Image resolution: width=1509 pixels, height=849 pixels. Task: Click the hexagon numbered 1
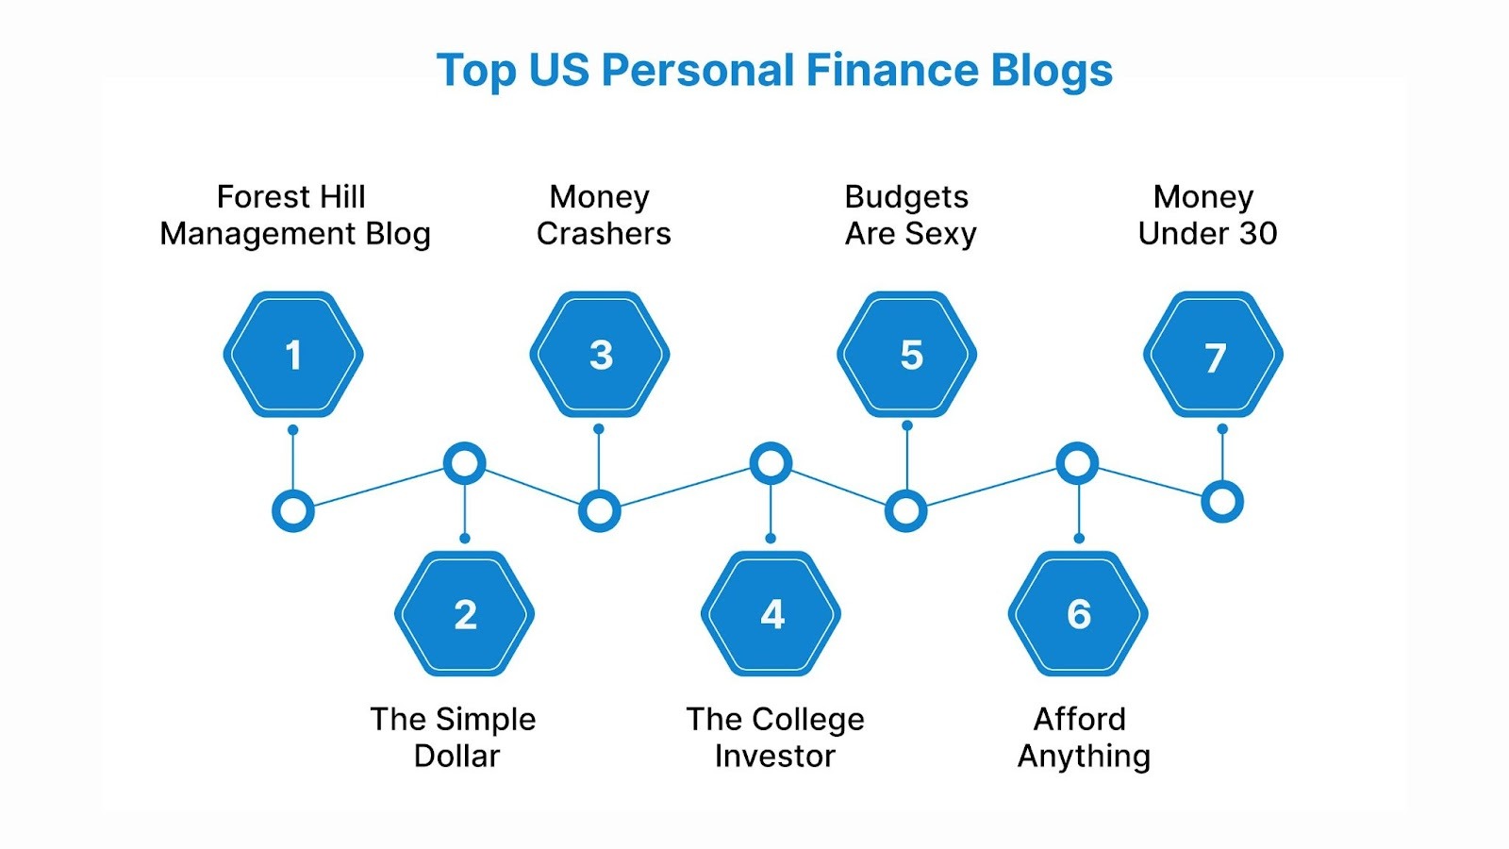tap(293, 355)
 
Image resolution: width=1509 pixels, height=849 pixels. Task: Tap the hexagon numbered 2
tap(465, 614)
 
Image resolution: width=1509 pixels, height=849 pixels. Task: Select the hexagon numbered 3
tap(600, 355)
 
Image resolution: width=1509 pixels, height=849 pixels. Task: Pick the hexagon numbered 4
tap(771, 614)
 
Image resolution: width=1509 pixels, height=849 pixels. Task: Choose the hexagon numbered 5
tap(907, 355)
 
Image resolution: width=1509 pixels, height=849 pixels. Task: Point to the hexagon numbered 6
tap(1079, 614)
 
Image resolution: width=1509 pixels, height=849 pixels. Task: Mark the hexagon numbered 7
tap(1214, 355)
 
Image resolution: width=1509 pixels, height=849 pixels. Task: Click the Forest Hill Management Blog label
tap(294, 215)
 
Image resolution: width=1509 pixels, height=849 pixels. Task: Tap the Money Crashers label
tap(603, 215)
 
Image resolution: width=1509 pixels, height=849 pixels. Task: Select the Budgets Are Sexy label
tap(909, 215)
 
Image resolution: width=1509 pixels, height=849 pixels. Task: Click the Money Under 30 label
tap(1206, 215)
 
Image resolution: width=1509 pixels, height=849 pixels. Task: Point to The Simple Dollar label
tap(454, 737)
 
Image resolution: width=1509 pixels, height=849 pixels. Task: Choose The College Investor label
tap(774, 737)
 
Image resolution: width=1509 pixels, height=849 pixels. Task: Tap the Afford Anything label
tap(1083, 737)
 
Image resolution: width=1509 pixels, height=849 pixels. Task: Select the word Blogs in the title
tap(1052, 71)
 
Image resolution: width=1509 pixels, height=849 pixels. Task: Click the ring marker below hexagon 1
tap(293, 511)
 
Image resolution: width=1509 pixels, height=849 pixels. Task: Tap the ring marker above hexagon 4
tap(771, 463)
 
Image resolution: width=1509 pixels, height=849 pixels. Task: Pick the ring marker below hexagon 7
tap(1222, 502)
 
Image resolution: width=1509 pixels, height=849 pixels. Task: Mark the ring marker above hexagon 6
tap(1077, 463)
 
